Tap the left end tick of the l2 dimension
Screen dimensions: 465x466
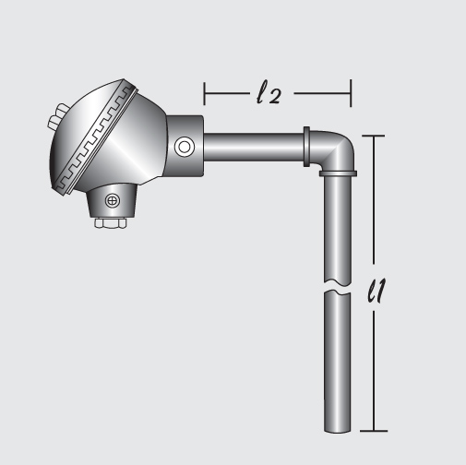click(x=204, y=92)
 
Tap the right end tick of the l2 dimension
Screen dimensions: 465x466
click(x=350, y=92)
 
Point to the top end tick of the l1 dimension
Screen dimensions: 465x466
click(x=372, y=136)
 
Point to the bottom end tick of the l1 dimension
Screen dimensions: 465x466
click(x=372, y=431)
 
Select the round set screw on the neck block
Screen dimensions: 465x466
click(x=185, y=146)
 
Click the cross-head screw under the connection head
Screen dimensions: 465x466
click(x=113, y=199)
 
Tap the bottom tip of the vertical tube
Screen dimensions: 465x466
click(x=337, y=428)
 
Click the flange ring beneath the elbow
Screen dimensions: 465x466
click(x=337, y=172)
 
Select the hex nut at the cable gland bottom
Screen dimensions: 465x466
click(x=111, y=222)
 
